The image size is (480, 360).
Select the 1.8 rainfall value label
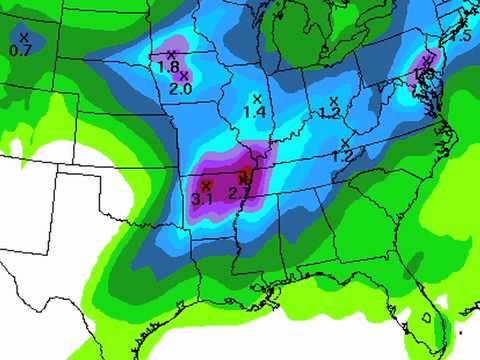pos(168,67)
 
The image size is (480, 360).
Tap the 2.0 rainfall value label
pos(181,89)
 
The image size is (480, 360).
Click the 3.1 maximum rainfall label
pos(202,200)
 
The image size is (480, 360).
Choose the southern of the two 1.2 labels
pos(342,157)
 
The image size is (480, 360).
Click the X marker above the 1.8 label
pos(171,54)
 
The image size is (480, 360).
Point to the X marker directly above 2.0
pos(184,76)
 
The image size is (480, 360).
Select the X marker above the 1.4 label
pos(257,98)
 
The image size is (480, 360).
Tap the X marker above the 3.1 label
pos(205,186)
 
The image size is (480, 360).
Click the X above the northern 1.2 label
pos(334,100)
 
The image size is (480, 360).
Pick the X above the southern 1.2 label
pos(345,143)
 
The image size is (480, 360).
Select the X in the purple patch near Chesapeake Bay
pos(427,60)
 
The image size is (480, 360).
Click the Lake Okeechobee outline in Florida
pos(426,316)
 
